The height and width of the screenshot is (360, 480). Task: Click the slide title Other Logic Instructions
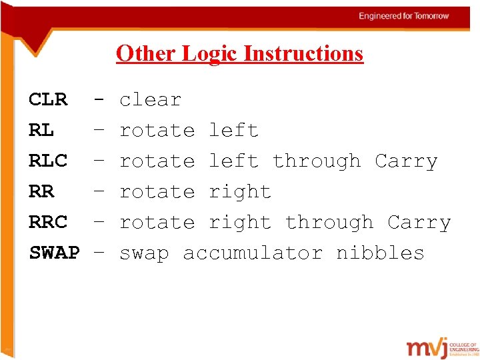(239, 53)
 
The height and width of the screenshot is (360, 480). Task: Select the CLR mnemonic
(48, 100)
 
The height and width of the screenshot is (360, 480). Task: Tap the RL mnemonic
(41, 131)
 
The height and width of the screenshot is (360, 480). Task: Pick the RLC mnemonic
(48, 161)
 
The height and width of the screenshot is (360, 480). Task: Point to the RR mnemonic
(41, 192)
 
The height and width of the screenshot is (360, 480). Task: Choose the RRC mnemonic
(48, 223)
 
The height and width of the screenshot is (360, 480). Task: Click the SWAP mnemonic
(54, 253)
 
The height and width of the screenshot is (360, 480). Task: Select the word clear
(150, 100)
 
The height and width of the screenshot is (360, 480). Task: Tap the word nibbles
(380, 253)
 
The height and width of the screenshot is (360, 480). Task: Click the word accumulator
(253, 253)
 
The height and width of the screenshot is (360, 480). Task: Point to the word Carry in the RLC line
(406, 161)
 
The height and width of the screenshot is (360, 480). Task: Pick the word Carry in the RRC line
(419, 223)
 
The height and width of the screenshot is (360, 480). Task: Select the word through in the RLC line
(317, 161)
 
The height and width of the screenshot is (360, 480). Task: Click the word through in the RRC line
(329, 223)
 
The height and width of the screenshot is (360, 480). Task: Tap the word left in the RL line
(233, 131)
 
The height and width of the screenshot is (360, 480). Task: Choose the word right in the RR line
(240, 192)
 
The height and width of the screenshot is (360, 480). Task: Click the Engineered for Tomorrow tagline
(404, 16)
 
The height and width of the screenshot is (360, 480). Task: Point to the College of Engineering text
(463, 347)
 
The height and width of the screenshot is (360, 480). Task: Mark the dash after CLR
(99, 100)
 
